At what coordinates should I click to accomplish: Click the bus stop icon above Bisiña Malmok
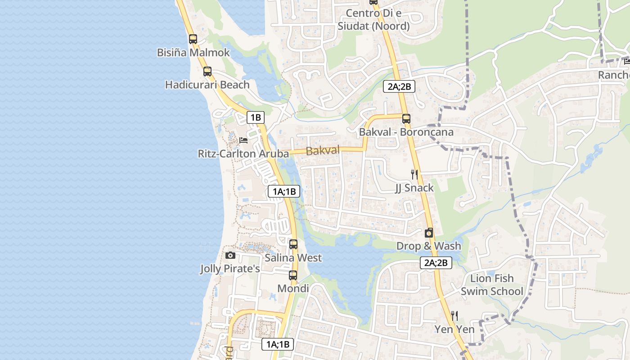193,39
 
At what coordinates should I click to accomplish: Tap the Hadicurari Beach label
207,85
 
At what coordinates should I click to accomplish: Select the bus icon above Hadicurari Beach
207,71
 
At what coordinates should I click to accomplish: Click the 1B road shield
256,118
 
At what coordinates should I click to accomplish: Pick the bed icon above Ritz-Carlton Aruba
243,140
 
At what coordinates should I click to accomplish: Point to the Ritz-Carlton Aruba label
243,154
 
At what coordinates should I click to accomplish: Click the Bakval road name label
323,151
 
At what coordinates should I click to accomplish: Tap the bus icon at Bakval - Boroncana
406,119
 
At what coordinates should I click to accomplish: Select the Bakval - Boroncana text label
406,132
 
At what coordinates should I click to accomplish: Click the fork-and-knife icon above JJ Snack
414,174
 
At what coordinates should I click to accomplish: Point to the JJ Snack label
414,188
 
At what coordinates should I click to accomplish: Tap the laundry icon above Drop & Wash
429,233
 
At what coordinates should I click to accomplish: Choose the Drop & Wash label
428,246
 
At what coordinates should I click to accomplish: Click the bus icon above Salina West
293,244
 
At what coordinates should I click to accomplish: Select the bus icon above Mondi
293,275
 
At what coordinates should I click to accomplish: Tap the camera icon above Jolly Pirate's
230,256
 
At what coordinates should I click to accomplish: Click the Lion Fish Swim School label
492,284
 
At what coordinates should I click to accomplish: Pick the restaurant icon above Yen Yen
454,316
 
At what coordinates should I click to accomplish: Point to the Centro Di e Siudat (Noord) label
374,20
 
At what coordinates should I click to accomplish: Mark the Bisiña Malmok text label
193,53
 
